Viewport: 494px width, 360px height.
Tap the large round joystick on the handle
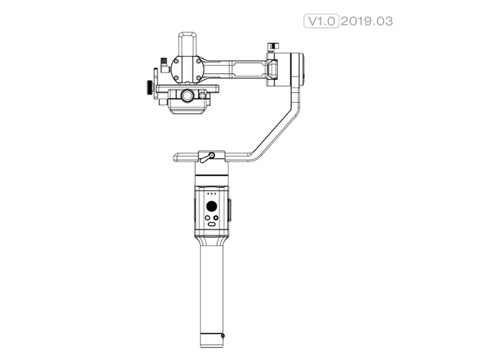[212, 206]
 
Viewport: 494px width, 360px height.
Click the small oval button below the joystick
[212, 224]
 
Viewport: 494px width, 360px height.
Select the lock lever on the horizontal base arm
[206, 155]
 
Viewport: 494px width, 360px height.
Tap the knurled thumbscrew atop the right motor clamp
[272, 48]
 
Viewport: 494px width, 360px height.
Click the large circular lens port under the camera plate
[186, 96]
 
